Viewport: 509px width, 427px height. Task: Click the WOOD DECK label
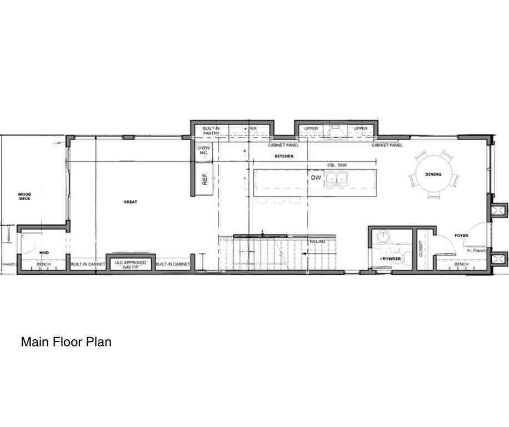pos(24,196)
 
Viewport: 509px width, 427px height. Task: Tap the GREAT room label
pos(131,202)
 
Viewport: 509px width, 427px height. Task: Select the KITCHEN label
pos(284,157)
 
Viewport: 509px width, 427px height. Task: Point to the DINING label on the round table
pos(433,175)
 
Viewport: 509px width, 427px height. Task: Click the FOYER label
pos(461,236)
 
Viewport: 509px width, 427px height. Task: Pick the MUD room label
pos(44,253)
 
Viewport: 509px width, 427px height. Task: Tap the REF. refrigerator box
pos(204,179)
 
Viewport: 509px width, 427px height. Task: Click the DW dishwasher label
pos(316,177)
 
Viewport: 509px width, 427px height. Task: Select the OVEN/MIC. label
pos(204,150)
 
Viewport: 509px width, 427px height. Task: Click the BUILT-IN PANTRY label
pos(211,131)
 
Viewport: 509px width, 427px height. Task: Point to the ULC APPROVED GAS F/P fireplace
pos(131,264)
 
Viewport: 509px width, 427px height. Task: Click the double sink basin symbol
pos(337,178)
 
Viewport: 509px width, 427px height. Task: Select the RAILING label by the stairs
pos(317,242)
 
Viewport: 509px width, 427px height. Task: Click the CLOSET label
pos(421,248)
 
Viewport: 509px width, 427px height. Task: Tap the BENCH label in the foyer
pos(461,264)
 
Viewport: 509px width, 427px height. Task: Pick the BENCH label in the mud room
pos(44,264)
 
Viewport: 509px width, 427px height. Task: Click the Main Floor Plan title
pos(66,342)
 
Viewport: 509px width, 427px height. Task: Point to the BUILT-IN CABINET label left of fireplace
pos(88,264)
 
